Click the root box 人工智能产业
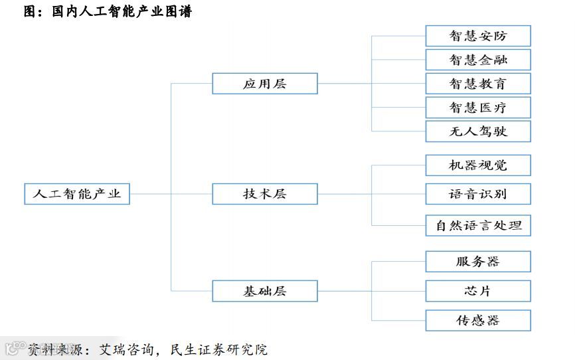76,194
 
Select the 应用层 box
264,84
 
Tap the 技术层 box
264,194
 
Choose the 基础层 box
264,291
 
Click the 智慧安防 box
477,36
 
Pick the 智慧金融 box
477,60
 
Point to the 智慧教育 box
477,84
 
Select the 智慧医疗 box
477,108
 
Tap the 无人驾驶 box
477,132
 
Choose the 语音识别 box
477,194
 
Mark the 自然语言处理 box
477,225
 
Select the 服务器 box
477,262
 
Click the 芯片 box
477,291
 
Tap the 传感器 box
477,320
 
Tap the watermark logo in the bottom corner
12,348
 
